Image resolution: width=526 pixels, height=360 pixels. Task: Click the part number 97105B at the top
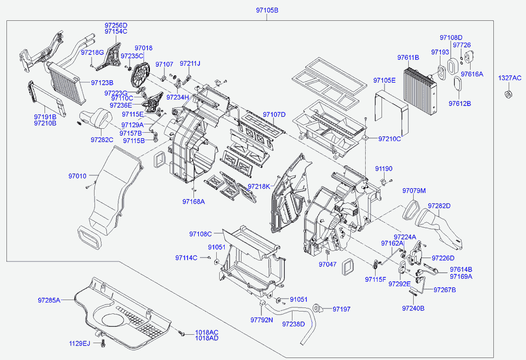pos(267,10)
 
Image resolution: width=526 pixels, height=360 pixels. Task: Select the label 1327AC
pos(510,78)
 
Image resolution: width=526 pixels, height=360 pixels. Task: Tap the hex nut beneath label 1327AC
pos(509,95)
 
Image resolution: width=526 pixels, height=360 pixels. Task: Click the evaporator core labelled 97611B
pos(421,90)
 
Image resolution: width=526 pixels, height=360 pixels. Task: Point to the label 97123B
pos(102,83)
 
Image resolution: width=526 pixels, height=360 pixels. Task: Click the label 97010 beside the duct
pos(78,176)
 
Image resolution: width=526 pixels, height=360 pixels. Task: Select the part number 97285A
pos(49,300)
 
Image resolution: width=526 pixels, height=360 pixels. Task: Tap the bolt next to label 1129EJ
pos(103,344)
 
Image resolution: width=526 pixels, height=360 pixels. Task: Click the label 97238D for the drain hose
pos(293,324)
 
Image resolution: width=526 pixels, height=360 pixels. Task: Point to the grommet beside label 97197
pos(317,309)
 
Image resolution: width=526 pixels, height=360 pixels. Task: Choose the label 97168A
pos(193,202)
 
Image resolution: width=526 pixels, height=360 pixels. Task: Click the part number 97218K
pos(259,186)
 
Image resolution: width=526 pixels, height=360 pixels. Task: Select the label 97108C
pos(200,234)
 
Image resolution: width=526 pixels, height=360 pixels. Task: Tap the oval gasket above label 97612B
pos(458,84)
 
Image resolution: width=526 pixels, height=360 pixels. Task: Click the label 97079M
pos(414,191)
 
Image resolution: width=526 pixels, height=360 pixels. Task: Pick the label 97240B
pos(413,309)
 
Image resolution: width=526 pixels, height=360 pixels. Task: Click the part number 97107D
pos(274,114)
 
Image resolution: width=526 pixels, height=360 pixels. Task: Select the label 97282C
pos(102,140)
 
